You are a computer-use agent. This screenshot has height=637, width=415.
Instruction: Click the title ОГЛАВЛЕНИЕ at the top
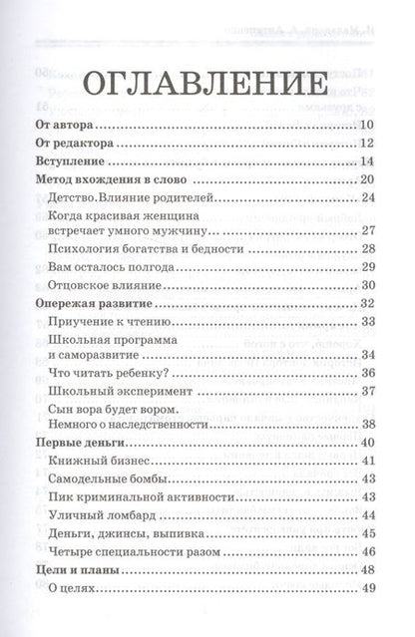[207, 84]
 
